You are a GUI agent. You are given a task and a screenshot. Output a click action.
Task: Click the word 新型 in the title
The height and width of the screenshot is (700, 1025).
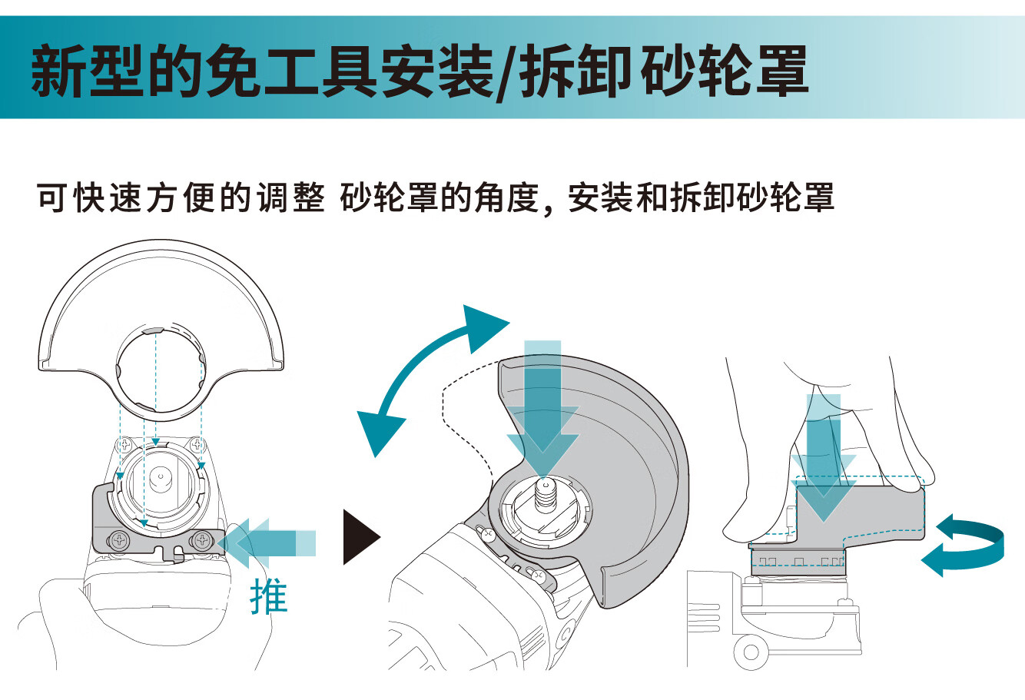tap(88, 71)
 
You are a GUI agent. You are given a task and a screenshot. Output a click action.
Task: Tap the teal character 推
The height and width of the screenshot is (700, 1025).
tap(269, 597)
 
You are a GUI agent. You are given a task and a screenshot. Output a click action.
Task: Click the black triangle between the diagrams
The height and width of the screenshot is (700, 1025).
tap(358, 536)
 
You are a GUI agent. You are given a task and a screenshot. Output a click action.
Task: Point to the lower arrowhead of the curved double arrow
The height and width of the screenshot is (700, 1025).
tap(378, 431)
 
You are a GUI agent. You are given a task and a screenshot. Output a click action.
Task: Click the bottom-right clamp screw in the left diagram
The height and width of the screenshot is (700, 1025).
tap(203, 539)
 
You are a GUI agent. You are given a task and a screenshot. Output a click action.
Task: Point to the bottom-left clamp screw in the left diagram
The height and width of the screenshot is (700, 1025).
tap(119, 539)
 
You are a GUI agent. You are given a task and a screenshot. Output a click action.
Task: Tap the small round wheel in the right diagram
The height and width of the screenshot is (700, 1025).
tap(750, 653)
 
